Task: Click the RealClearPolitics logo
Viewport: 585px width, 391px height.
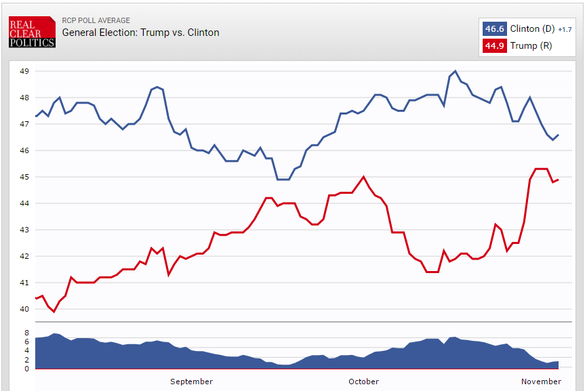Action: [32, 33]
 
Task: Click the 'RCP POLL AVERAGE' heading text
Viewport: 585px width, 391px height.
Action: [96, 20]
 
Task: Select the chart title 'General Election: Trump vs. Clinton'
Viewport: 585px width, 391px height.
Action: [140, 33]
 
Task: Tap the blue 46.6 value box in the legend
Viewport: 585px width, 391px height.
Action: [493, 29]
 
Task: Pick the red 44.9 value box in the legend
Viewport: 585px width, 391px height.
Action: [493, 46]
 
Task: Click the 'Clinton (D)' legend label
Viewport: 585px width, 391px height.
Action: [531, 29]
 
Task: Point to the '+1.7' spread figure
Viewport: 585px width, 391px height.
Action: [565, 30]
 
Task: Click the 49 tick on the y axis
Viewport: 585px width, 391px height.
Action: [24, 71]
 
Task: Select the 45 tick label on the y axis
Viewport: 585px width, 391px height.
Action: [24, 177]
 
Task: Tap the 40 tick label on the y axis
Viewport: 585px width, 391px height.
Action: [24, 309]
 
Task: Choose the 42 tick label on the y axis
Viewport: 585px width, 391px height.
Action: [24, 256]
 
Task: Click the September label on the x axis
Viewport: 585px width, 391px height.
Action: [191, 382]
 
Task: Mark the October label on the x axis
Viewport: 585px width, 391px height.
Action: [364, 382]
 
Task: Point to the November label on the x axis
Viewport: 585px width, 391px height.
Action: [541, 382]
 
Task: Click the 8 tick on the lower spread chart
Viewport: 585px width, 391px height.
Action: [26, 333]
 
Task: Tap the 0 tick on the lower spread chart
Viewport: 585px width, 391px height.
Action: [26, 369]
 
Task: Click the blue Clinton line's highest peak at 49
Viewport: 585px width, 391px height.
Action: [455, 70]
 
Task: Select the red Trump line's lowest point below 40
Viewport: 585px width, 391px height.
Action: [54, 312]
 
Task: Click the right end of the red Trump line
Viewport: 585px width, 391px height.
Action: [558, 180]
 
